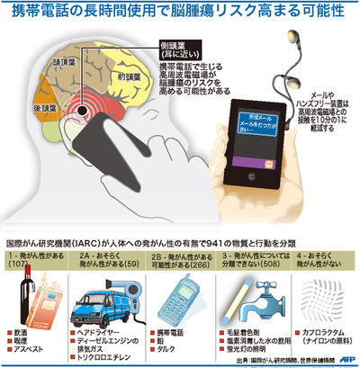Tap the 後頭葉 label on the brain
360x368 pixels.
tap(24, 105)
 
